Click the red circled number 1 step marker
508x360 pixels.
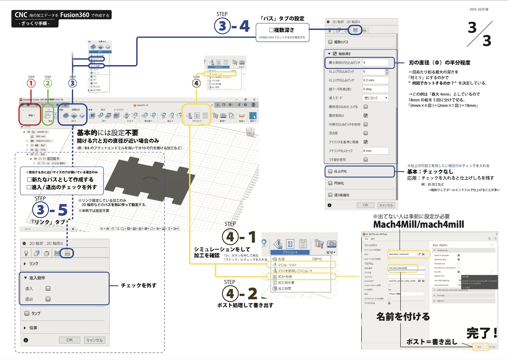coord(31,83)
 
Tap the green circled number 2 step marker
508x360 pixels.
coord(48,83)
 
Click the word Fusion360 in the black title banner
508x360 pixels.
coord(75,15)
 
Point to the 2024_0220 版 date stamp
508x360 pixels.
coord(479,9)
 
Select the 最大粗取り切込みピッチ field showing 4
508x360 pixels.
coord(375,63)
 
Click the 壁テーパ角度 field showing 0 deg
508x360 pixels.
coord(375,89)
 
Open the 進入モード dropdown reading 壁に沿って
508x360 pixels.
coord(375,98)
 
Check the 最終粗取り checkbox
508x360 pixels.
coord(366,116)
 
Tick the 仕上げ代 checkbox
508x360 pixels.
coord(330,172)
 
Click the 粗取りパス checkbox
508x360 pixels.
coord(330,42)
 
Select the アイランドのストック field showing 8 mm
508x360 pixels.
coord(375,151)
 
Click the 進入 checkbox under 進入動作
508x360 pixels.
coord(48,289)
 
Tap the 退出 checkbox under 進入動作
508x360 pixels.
coord(48,299)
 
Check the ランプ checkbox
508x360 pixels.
coord(27,314)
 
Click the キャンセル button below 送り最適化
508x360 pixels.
coord(386,205)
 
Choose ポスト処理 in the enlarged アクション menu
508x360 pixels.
coord(285,277)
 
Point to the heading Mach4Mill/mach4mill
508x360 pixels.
coord(419,225)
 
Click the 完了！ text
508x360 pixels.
coord(482,333)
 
